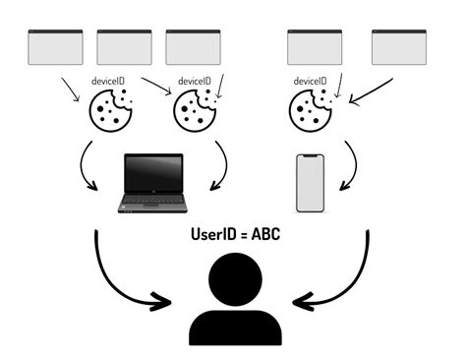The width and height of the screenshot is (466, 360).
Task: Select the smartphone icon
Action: point(311,183)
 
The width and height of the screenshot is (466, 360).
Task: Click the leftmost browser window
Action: point(56,46)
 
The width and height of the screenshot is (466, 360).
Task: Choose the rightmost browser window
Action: point(399,46)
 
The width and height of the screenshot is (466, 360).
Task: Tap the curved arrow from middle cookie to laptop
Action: point(225,167)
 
